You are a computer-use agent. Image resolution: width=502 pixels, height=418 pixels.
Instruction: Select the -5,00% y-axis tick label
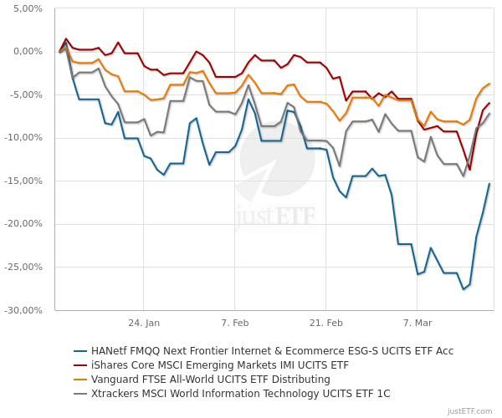click(x=26, y=94)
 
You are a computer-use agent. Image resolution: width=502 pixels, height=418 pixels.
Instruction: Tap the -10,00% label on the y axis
click(x=23, y=138)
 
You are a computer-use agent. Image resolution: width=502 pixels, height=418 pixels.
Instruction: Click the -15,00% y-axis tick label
click(x=23, y=181)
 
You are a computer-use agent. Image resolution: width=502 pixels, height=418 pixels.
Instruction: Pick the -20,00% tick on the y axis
click(x=23, y=224)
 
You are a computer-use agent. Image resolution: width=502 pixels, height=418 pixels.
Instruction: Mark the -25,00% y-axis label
click(x=23, y=267)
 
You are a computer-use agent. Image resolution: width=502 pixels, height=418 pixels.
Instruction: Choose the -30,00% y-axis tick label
click(x=23, y=310)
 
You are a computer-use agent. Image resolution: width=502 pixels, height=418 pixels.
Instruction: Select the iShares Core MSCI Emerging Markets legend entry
click(x=220, y=365)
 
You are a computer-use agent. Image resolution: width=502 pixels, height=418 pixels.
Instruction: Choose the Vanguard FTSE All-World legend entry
click(x=211, y=380)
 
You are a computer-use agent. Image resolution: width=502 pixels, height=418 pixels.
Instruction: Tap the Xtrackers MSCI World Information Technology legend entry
click(x=241, y=394)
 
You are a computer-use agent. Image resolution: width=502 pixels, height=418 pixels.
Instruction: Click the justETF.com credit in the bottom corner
click(x=470, y=410)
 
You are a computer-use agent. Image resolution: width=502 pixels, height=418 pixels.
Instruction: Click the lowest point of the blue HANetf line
click(x=464, y=289)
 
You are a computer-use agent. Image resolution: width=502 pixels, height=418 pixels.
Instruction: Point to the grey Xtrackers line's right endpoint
click(x=489, y=115)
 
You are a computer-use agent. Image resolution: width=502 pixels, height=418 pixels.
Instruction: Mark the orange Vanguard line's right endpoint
click(x=489, y=84)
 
